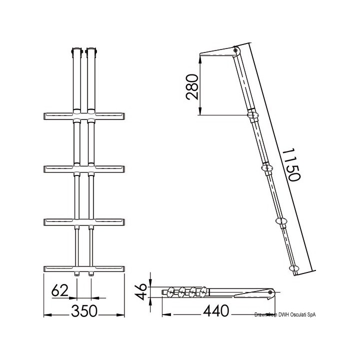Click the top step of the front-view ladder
click(84, 116)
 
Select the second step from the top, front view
click(84, 168)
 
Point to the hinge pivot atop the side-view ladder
click(235, 50)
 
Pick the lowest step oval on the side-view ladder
click(294, 269)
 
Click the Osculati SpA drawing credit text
click(285, 314)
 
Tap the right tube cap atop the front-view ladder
click(91, 51)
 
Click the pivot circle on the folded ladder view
click(270, 291)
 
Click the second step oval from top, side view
click(265, 167)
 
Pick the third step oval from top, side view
click(281, 221)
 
